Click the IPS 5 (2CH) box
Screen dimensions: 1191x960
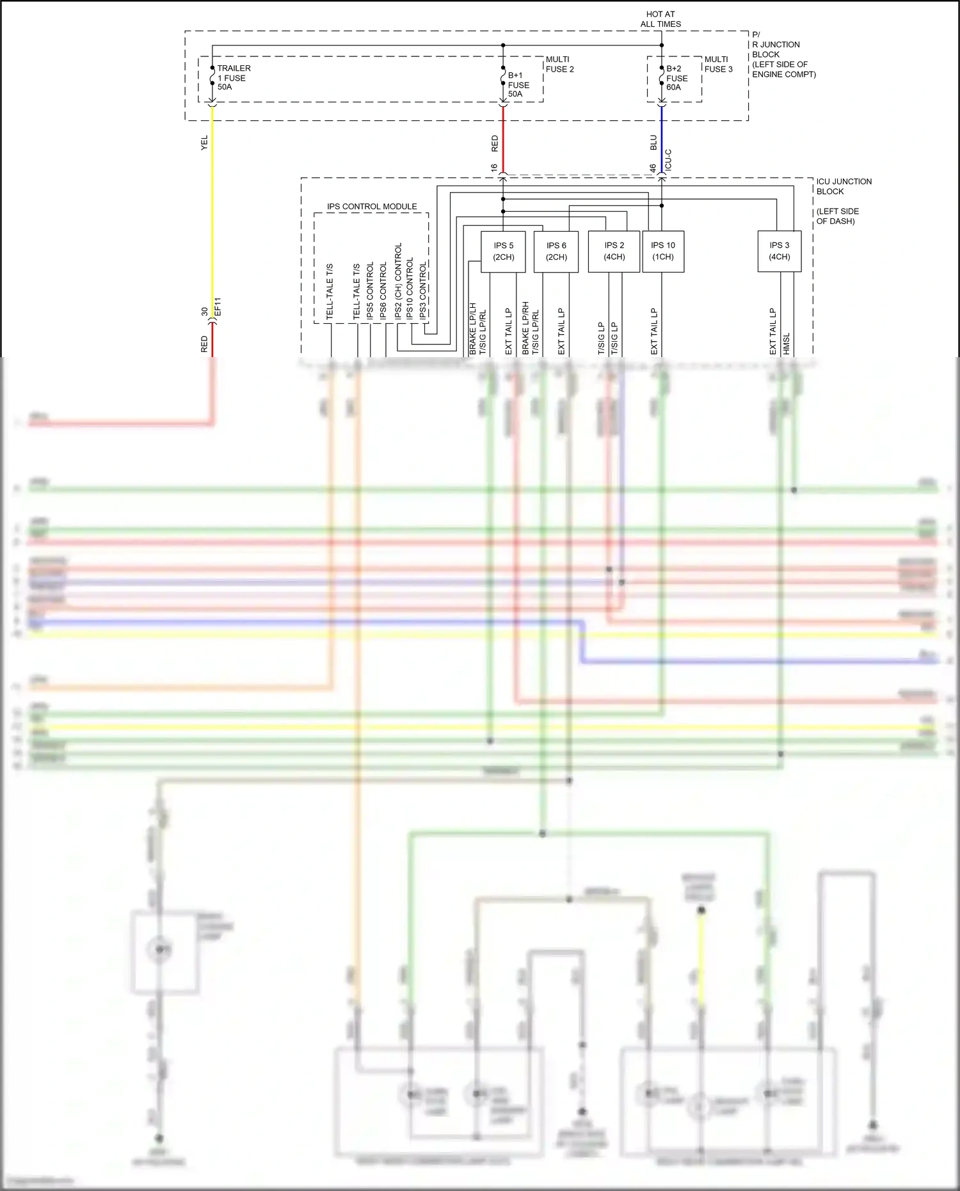tap(503, 252)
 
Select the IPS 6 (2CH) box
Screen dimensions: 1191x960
tap(556, 252)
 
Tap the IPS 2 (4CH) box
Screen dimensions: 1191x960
tap(614, 252)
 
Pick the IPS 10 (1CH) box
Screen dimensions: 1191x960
tap(663, 252)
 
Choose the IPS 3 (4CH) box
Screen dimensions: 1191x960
tap(779, 252)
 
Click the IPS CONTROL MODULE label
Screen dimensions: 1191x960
tap(372, 207)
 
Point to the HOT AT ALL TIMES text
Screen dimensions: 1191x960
tap(660, 19)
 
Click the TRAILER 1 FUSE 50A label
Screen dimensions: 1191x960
tap(234, 77)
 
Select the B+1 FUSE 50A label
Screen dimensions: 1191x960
tap(518, 84)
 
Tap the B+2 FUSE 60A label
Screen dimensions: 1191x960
tap(676, 78)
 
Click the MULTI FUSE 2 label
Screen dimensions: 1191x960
tap(559, 64)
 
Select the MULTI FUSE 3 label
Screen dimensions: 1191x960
tap(718, 64)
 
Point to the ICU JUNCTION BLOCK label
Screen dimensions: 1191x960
tap(844, 186)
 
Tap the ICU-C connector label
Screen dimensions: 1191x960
tap(668, 160)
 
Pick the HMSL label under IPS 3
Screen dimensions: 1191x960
tap(787, 343)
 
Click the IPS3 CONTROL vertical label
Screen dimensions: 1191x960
tap(423, 290)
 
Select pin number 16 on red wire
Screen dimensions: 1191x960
tap(494, 168)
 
